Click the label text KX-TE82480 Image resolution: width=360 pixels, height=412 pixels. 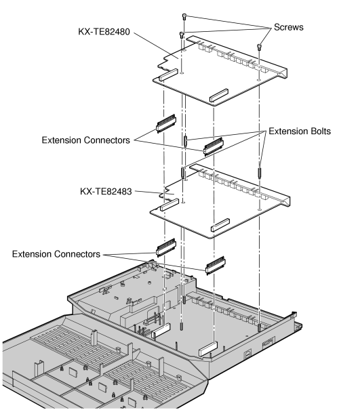tap(111, 32)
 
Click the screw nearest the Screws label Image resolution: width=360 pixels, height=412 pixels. tap(260, 47)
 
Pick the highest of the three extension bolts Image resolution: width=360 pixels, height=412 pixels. tap(185, 142)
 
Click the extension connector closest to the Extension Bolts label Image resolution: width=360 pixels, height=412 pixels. tap(213, 146)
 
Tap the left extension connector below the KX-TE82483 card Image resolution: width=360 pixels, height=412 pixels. tap(166, 246)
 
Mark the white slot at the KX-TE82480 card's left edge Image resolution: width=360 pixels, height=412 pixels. tap(170, 76)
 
